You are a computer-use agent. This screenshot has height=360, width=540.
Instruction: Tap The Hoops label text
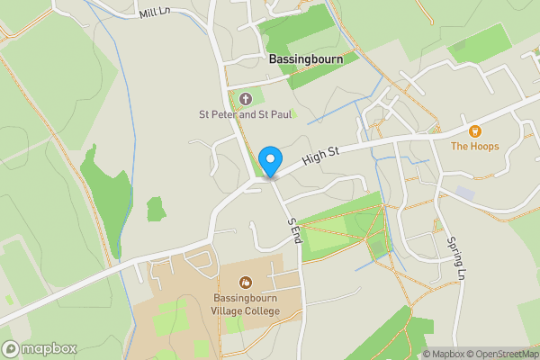click(475, 145)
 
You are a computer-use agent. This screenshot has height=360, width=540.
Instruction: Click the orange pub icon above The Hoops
click(475, 130)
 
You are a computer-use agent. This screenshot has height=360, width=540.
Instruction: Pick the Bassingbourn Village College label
click(247, 304)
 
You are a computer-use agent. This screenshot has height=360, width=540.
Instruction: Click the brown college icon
click(247, 283)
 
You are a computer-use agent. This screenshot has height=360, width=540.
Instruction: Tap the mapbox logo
click(39, 348)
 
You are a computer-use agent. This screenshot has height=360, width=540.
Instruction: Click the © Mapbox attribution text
click(445, 354)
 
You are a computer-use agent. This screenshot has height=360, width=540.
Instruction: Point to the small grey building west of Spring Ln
click(464, 193)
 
